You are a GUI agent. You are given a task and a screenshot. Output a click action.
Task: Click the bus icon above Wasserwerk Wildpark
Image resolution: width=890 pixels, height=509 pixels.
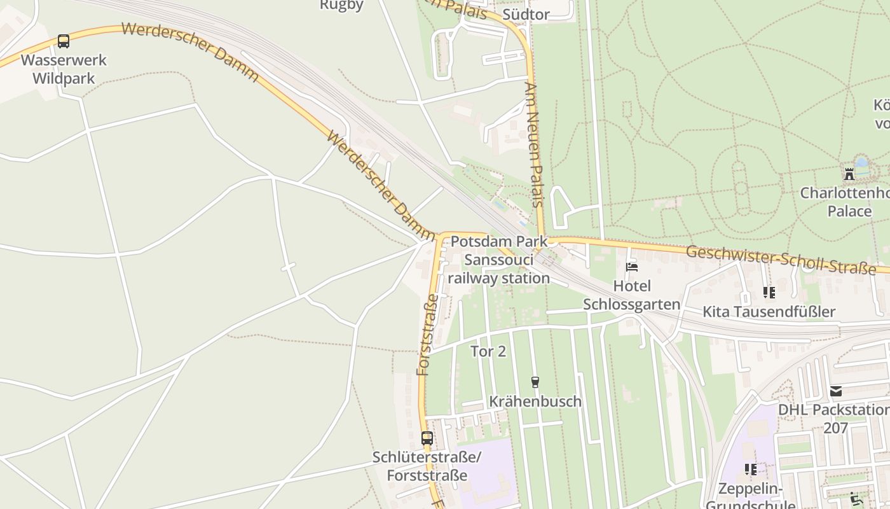tap(64, 41)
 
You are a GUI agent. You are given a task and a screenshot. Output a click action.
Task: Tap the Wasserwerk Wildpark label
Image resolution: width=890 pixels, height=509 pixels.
tap(64, 69)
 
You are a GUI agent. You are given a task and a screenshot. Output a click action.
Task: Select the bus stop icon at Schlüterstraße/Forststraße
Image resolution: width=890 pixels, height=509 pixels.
tap(427, 438)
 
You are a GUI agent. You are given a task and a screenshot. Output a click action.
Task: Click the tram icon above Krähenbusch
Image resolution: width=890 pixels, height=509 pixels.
tap(535, 382)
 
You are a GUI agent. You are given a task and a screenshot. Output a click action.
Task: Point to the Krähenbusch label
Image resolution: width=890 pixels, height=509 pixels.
tap(535, 401)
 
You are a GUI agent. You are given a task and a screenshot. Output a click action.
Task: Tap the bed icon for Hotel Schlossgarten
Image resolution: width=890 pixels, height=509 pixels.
tap(632, 267)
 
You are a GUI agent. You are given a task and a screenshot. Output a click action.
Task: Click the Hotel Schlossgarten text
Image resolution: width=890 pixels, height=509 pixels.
tap(632, 295)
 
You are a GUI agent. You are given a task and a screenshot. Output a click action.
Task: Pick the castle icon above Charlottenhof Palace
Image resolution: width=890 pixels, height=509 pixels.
tap(849, 174)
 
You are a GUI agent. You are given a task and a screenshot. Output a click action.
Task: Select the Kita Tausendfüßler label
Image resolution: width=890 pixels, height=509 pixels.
tap(769, 312)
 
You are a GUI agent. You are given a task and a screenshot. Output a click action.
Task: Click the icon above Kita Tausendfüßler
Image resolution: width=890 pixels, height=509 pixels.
tap(769, 293)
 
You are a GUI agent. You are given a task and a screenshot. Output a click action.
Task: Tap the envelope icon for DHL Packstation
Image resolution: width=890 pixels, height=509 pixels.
tap(836, 391)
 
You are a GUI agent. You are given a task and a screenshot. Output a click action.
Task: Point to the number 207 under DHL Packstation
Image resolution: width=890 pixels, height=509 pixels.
tap(836, 428)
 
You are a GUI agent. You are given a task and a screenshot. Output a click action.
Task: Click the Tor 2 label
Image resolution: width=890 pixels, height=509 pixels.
tap(488, 351)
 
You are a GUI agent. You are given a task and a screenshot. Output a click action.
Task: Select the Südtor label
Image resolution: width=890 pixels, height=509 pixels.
tap(526, 14)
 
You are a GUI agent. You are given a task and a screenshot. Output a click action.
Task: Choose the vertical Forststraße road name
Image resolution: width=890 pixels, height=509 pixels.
tap(427, 335)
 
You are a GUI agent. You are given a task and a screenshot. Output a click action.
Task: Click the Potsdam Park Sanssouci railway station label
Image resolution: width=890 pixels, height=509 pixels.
tap(498, 260)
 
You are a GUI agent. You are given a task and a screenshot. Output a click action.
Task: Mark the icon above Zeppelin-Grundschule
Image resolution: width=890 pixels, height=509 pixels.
tap(751, 470)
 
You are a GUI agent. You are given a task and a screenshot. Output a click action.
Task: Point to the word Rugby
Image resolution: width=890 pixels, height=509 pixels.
tap(341, 5)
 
